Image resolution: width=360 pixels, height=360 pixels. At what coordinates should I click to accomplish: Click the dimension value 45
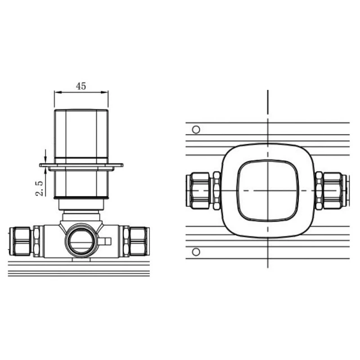81,86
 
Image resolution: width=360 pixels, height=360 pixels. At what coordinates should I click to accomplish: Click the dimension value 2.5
39,189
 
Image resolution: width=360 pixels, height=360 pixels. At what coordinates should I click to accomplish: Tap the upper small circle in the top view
196,130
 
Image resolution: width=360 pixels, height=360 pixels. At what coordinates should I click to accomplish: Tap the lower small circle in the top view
196,252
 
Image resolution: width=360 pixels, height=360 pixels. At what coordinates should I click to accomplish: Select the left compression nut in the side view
20,242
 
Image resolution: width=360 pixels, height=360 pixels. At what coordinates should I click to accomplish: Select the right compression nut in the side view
139,242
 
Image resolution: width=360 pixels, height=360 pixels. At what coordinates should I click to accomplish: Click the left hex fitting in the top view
198,191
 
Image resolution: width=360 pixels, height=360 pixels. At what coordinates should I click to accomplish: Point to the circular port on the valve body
81,241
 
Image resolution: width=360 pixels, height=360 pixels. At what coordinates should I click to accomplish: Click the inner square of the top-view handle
268,191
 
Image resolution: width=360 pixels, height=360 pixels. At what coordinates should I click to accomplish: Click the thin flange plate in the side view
81,165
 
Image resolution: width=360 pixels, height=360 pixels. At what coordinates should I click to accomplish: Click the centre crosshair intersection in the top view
268,191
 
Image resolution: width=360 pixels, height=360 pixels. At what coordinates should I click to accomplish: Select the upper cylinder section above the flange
81,133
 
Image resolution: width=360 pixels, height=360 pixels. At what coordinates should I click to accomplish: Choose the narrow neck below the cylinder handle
81,205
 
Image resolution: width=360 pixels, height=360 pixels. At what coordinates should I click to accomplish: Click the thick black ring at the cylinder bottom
81,198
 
